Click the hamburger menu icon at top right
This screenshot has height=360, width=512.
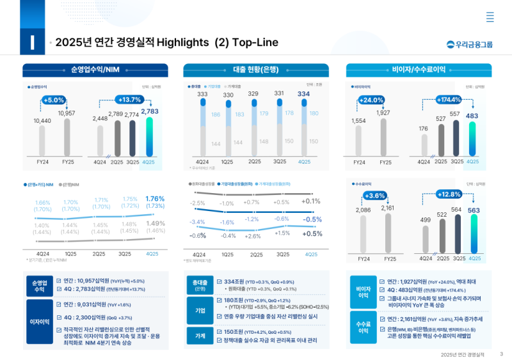pyautogui.click(x=490, y=17)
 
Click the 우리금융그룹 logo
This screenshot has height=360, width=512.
pyautogui.click(x=470, y=44)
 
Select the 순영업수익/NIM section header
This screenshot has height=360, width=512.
pyautogui.click(x=95, y=70)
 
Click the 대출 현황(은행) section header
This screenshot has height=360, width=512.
pyautogui.click(x=256, y=70)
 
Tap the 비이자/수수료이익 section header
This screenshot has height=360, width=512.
pyautogui.click(x=419, y=70)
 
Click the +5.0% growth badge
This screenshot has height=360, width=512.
pyautogui.click(x=54, y=100)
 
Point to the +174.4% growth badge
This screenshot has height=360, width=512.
pyautogui.click(x=448, y=100)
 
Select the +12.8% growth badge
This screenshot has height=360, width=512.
pyautogui.click(x=448, y=194)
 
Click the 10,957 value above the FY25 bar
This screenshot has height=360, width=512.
pyautogui.click(x=67, y=113)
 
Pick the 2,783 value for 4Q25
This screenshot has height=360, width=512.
pyautogui.click(x=150, y=111)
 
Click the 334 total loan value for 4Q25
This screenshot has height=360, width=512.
pyautogui.click(x=304, y=94)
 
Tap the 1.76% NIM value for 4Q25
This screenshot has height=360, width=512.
pyautogui.click(x=155, y=198)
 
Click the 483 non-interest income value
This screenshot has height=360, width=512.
pyautogui.click(x=472, y=116)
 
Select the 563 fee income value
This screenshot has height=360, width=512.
pyautogui.click(x=474, y=210)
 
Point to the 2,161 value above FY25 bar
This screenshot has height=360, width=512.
pyautogui.click(x=388, y=208)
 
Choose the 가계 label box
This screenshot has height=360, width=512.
pyautogui.click(x=200, y=336)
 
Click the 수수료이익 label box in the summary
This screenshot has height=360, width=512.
pyautogui.click(x=364, y=327)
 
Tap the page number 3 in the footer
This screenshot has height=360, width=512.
pyautogui.click(x=501, y=354)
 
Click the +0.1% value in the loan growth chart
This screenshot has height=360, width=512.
pyautogui.click(x=312, y=201)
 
